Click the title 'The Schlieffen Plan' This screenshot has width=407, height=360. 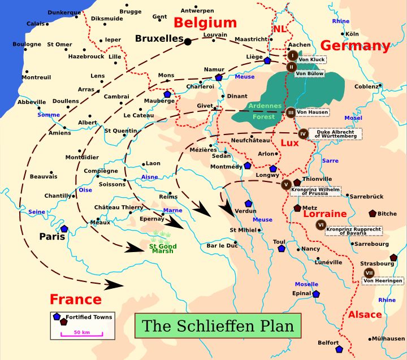[x=218, y=326]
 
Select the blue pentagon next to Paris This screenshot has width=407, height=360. [x=64, y=229]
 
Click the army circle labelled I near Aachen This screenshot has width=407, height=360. [x=292, y=55]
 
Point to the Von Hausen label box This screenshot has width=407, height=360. [x=312, y=112]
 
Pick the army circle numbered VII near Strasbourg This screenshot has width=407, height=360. [x=369, y=273]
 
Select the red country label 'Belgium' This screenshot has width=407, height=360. [x=205, y=23]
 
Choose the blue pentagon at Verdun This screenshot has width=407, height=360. [x=248, y=203]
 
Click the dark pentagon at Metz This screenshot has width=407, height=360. [x=297, y=208]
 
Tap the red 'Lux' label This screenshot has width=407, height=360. [x=289, y=143]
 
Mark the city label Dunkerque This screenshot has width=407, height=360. [x=64, y=12]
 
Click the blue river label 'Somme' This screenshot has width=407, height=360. [x=48, y=115]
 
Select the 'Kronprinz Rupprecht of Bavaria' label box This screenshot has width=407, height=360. [x=354, y=230]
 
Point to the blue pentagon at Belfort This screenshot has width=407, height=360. [x=339, y=349]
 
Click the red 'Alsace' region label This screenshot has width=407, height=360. [x=365, y=314]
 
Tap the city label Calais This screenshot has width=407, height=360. [x=36, y=24]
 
